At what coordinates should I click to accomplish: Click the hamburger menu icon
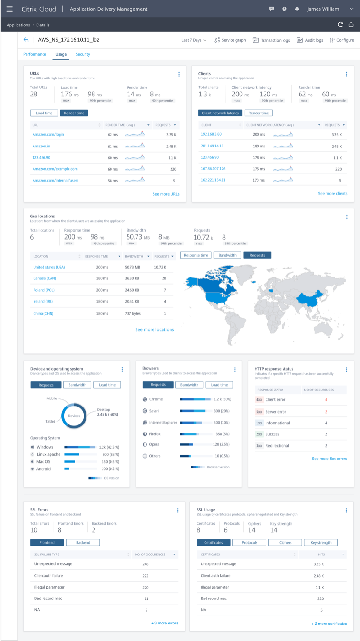(x=9, y=9)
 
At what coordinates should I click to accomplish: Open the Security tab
(x=83, y=54)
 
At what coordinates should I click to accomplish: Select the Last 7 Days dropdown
(x=194, y=40)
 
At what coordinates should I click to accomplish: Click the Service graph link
(x=230, y=40)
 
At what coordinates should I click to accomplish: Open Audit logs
(x=310, y=40)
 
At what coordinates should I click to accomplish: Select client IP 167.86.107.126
(x=213, y=168)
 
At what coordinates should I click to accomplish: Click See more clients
(x=333, y=194)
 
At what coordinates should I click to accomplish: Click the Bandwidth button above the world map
(x=227, y=255)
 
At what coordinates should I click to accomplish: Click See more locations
(x=154, y=329)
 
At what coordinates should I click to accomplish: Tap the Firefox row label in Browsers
(x=155, y=433)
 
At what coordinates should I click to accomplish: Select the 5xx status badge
(x=259, y=411)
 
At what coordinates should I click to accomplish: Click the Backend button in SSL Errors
(x=83, y=542)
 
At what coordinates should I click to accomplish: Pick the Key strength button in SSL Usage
(x=321, y=542)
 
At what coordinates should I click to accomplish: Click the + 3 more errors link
(x=164, y=623)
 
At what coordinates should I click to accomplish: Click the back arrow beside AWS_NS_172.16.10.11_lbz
(x=26, y=40)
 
